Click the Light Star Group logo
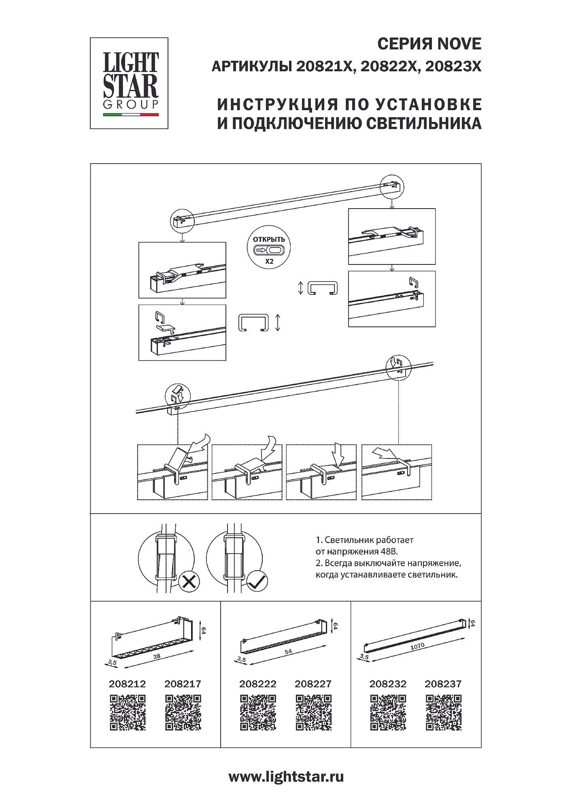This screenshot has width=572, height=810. click(129, 83)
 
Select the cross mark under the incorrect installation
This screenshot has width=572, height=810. click(189, 583)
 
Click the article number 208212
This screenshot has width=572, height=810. click(127, 684)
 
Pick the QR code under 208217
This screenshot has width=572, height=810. click(183, 712)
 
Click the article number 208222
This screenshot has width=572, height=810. click(258, 684)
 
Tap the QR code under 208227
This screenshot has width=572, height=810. click(313, 712)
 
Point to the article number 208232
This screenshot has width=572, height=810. click(388, 684)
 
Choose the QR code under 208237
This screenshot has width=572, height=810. click(443, 712)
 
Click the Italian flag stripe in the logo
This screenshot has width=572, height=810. click(130, 115)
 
